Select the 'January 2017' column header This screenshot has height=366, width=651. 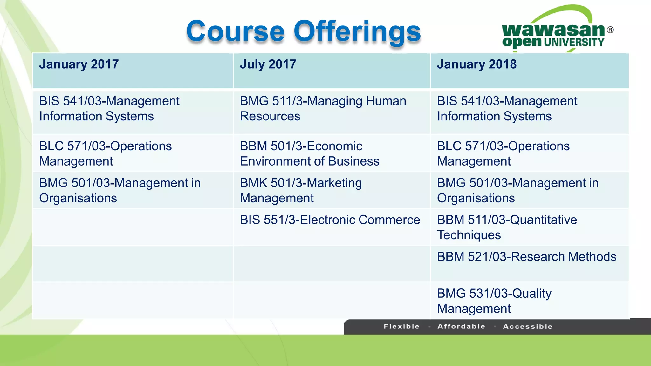pyautogui.click(x=79, y=64)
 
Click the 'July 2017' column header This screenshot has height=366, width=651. pyautogui.click(x=268, y=64)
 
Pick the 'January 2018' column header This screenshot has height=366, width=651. pyautogui.click(x=476, y=64)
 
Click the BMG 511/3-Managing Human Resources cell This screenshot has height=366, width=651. pyautogui.click(x=323, y=109)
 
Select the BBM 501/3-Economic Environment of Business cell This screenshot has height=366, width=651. pyautogui.click(x=309, y=154)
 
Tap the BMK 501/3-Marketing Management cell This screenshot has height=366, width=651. pyautogui.click(x=301, y=190)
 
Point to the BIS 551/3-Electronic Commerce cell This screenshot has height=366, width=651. pyautogui.click(x=330, y=220)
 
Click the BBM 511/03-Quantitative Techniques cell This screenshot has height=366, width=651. pyautogui.click(x=507, y=227)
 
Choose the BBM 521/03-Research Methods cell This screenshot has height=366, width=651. pyautogui.click(x=526, y=257)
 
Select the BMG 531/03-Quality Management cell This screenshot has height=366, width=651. pyautogui.click(x=494, y=301)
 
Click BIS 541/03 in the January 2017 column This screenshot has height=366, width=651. pyautogui.click(x=109, y=109)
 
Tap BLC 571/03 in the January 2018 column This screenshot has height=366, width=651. pyautogui.click(x=503, y=154)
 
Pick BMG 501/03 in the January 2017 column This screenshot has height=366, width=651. pyautogui.click(x=120, y=190)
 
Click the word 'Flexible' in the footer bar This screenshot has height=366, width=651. pyautogui.click(x=401, y=326)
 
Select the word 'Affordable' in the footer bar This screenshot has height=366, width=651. pyautogui.click(x=461, y=326)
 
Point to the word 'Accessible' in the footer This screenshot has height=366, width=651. pyautogui.click(x=528, y=326)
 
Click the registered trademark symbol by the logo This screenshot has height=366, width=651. pyautogui.click(x=610, y=30)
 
